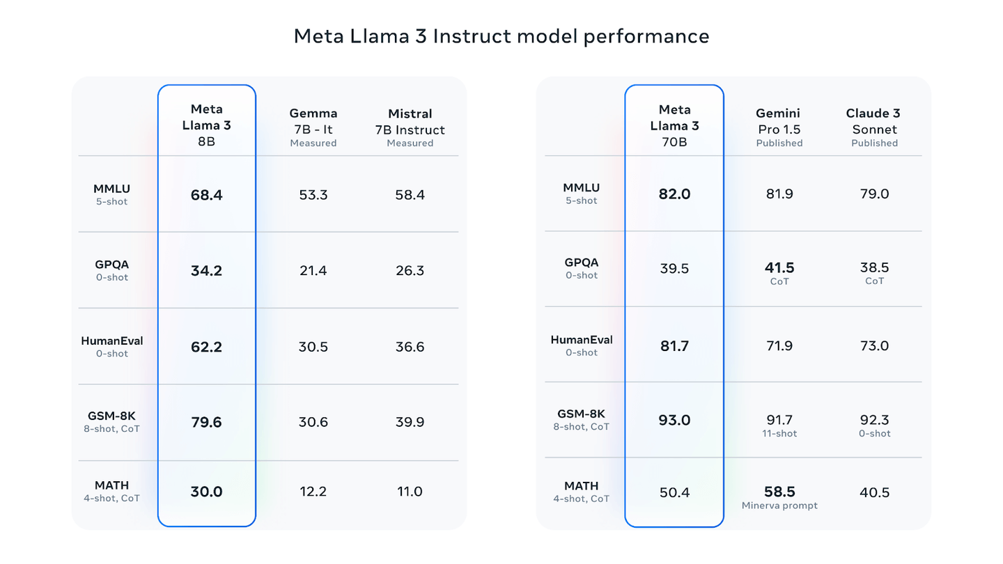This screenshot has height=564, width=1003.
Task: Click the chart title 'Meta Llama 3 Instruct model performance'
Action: click(x=501, y=36)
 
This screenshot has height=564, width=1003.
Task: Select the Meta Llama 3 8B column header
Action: click(x=206, y=125)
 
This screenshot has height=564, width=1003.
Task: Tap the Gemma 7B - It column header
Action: click(x=313, y=127)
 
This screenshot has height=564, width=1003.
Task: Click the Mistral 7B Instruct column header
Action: click(x=410, y=127)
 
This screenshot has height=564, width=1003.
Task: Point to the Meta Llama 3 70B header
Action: click(x=674, y=125)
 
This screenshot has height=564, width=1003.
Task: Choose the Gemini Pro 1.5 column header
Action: click(x=779, y=127)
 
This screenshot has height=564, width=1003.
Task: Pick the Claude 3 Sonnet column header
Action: click(x=874, y=127)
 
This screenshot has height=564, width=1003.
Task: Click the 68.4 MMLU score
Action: click(x=206, y=195)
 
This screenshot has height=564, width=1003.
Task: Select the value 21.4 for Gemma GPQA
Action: click(x=313, y=271)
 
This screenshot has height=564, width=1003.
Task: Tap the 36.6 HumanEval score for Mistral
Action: click(x=410, y=347)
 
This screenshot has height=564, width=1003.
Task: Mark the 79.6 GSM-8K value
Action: click(x=206, y=423)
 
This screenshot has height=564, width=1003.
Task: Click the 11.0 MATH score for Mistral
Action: click(x=410, y=492)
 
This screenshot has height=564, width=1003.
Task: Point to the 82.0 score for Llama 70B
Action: click(x=674, y=194)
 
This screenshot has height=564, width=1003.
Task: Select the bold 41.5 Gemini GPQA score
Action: click(x=779, y=268)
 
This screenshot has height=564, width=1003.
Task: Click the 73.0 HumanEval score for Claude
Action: click(x=874, y=346)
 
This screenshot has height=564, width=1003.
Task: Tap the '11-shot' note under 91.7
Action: click(x=779, y=434)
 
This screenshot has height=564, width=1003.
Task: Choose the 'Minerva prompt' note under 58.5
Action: click(x=779, y=506)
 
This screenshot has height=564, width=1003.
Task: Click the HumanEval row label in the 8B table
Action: click(x=112, y=341)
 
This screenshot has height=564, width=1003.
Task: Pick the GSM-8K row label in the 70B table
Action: click(x=581, y=414)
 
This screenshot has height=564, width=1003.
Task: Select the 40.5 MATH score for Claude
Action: click(x=874, y=493)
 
